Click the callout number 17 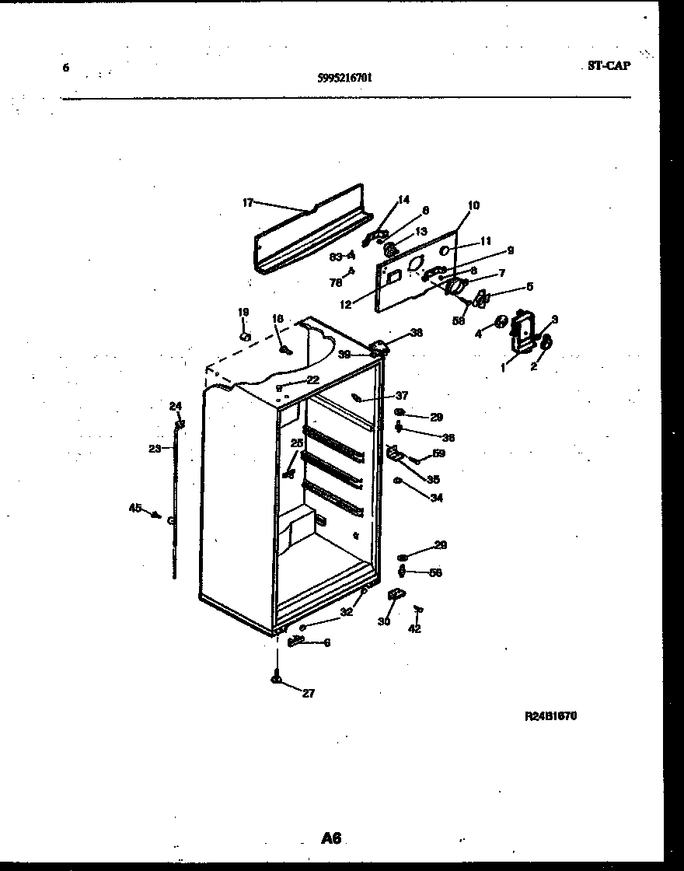click(x=248, y=203)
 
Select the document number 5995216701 click(x=344, y=77)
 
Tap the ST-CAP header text click(x=609, y=66)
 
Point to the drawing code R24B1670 click(x=551, y=716)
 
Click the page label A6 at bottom click(x=331, y=838)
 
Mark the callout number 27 click(x=309, y=694)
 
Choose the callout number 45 click(x=135, y=509)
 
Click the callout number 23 click(x=154, y=448)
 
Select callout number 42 click(x=415, y=628)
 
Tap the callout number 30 click(x=384, y=621)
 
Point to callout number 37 click(x=402, y=395)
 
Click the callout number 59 click(x=439, y=453)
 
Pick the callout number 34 click(x=437, y=498)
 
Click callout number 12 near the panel click(x=346, y=305)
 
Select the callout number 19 click(x=243, y=312)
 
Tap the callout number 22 click(x=312, y=380)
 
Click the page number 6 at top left click(x=65, y=68)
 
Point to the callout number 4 click(x=480, y=334)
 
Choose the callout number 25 click(x=296, y=442)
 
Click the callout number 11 click(x=486, y=241)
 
